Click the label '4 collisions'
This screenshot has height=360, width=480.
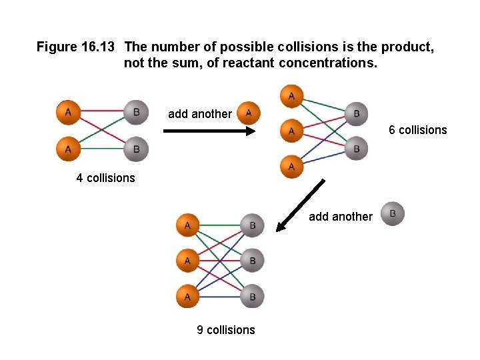pyautogui.click(x=105, y=178)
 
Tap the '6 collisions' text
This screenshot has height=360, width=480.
pyautogui.click(x=418, y=130)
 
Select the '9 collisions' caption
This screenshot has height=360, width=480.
pyautogui.click(x=225, y=329)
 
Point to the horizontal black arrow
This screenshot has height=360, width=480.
pyautogui.click(x=209, y=131)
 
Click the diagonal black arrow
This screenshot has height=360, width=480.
pyautogui.click(x=301, y=205)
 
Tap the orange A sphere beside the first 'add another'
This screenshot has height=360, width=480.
pyautogui.click(x=248, y=113)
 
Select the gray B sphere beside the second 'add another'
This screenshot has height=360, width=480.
pyautogui.click(x=393, y=214)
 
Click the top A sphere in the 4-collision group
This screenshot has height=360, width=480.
pyautogui.click(x=68, y=112)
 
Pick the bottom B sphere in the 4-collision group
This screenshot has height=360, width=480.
pyautogui.click(x=136, y=149)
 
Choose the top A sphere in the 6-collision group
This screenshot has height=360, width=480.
pyautogui.click(x=291, y=97)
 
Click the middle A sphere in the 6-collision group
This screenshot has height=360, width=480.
pyautogui.click(x=291, y=131)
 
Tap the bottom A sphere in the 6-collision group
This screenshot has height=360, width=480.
pyautogui.click(x=291, y=166)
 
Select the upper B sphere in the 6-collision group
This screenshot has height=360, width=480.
pyautogui.click(x=356, y=113)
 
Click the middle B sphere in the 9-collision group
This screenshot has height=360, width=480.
pyautogui.click(x=253, y=260)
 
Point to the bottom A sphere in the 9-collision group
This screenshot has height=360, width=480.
pyautogui.click(x=187, y=296)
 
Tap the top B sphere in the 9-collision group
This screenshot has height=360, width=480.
pyautogui.click(x=253, y=225)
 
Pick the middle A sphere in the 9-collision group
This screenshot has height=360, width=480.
pyautogui.click(x=187, y=260)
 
